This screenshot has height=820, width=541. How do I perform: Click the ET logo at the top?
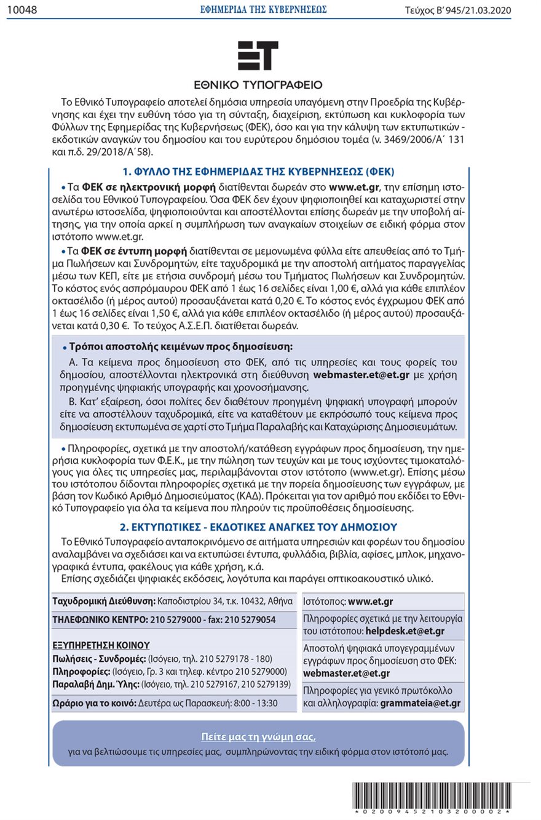coord(258,55)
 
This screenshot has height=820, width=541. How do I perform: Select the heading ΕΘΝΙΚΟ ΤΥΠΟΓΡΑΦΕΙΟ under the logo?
coord(258,85)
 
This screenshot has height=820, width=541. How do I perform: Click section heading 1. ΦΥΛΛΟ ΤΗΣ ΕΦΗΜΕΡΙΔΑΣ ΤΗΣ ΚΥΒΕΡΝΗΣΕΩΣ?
coord(258,171)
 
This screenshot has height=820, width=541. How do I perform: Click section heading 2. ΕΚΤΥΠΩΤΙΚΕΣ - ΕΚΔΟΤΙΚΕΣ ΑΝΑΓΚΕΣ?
coord(258,527)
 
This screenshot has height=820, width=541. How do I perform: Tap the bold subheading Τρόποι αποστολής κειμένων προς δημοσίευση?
coord(181,347)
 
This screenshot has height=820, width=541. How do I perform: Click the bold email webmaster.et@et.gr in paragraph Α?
coord(361,374)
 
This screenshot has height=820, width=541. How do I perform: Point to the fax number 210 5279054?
coord(254,619)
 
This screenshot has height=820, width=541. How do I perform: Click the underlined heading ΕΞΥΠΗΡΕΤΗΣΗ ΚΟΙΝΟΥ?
coord(101,645)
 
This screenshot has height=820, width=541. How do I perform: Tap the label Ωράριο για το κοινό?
coord(94,703)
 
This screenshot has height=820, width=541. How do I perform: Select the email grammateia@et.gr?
coord(421,703)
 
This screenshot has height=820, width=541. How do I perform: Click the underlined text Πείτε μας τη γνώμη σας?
coord(258,737)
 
